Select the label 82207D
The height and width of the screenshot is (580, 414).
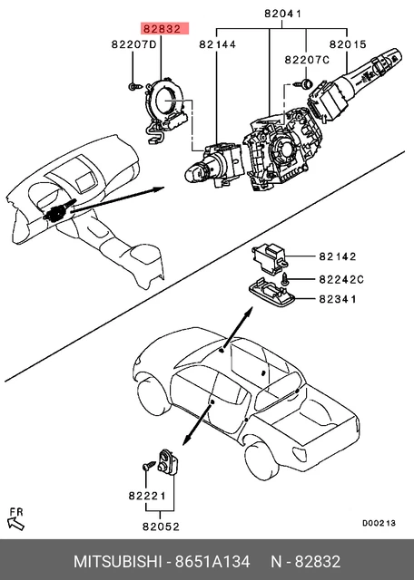pyautogui.click(x=133, y=43)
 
